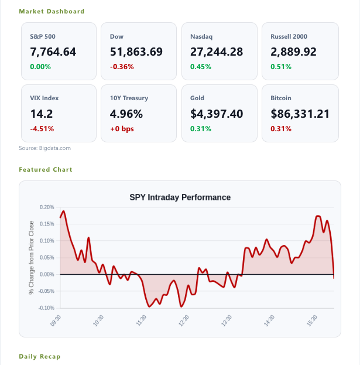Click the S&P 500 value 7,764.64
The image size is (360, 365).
(x=53, y=52)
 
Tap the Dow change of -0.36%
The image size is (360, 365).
(x=122, y=67)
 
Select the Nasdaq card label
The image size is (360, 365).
(x=201, y=36)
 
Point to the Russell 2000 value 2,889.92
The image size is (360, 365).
(x=293, y=52)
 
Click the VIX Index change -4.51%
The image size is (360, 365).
(x=42, y=129)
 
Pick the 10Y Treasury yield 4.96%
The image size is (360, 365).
(x=126, y=114)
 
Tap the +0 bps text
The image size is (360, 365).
(x=122, y=129)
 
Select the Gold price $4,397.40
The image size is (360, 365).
(x=217, y=114)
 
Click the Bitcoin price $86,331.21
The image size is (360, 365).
(x=300, y=114)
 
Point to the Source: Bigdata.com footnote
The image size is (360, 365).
(x=45, y=148)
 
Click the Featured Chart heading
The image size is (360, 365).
(x=46, y=169)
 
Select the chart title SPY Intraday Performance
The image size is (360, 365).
(x=180, y=197)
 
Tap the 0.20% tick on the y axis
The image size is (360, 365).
(x=47, y=207)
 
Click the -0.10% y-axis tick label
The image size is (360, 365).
(x=46, y=308)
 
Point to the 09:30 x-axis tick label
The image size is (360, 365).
(x=56, y=320)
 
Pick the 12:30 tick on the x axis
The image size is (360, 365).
(x=184, y=320)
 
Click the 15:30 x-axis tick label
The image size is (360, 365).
(x=312, y=320)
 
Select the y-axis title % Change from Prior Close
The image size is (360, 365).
(x=31, y=258)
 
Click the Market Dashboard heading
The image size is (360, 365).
(x=52, y=11)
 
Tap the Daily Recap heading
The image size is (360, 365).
(x=40, y=356)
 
